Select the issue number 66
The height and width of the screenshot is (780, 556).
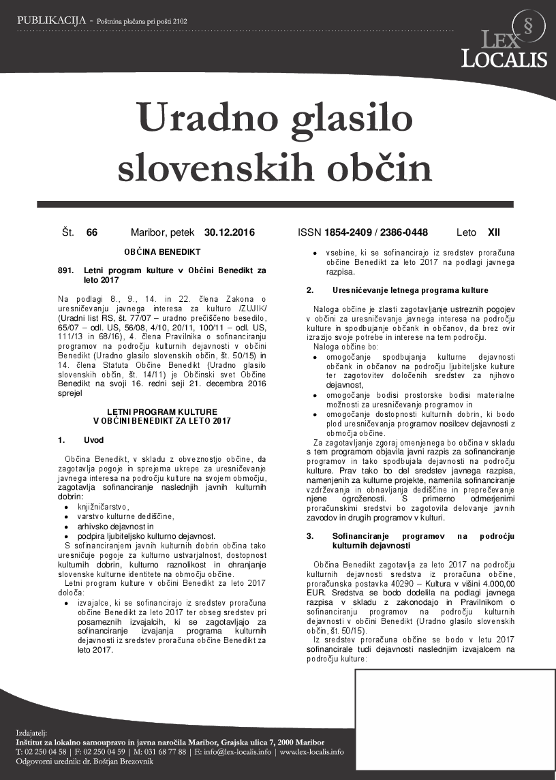point(92,233)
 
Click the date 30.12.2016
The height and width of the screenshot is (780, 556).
point(229,233)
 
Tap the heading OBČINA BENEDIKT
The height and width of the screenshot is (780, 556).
point(162,251)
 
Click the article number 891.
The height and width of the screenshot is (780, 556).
point(65,270)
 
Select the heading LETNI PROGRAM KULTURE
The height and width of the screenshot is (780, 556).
point(162,411)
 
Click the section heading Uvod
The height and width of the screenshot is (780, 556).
point(93,441)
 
